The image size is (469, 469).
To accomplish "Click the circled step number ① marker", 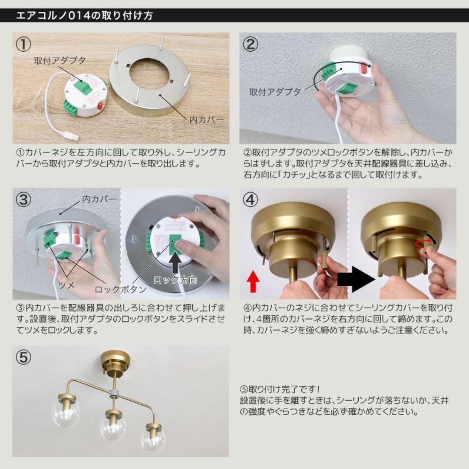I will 24,45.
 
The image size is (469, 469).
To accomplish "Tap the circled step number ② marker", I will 251,45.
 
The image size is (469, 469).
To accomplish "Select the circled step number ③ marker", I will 24,200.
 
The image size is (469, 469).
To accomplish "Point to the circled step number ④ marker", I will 251,200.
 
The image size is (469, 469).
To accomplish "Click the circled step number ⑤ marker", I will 24,357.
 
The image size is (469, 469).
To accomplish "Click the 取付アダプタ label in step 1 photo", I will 59,60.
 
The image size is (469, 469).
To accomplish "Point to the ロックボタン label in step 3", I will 121,289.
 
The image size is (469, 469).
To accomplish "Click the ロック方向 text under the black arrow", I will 175,280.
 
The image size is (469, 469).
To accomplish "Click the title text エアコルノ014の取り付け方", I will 84,16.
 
